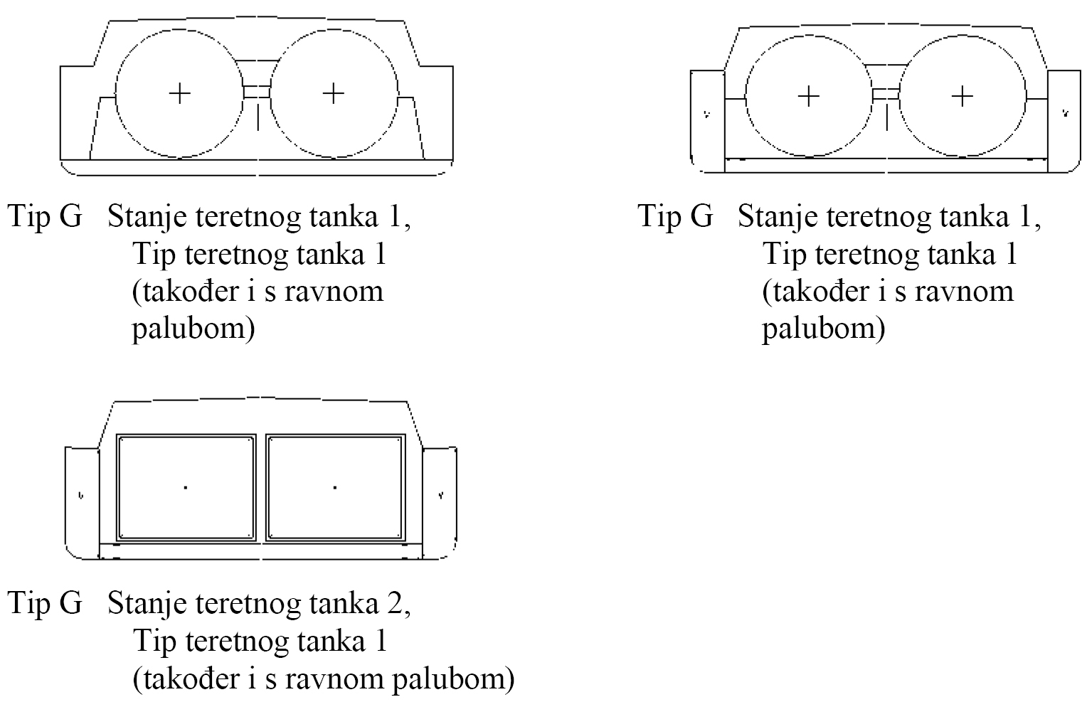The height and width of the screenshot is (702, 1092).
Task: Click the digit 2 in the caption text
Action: pyautogui.click(x=394, y=604)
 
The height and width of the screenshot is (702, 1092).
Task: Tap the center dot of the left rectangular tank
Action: pyautogui.click(x=186, y=487)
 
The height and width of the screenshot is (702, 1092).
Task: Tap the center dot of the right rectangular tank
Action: pyautogui.click(x=335, y=487)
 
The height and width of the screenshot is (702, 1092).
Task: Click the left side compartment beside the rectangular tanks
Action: pyautogui.click(x=82, y=503)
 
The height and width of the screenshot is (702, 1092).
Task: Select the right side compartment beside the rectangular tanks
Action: pyautogui.click(x=440, y=502)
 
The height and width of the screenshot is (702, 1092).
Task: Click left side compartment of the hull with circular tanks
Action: pyautogui.click(x=707, y=121)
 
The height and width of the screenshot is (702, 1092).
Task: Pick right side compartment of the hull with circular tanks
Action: pyautogui.click(x=1064, y=121)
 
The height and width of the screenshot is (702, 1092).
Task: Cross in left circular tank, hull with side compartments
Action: pyautogui.click(x=809, y=96)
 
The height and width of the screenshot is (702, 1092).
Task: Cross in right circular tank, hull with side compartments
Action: pyautogui.click(x=963, y=96)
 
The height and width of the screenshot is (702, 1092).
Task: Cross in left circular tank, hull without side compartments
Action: pyautogui.click(x=180, y=93)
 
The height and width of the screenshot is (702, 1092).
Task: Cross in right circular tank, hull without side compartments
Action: pyautogui.click(x=334, y=93)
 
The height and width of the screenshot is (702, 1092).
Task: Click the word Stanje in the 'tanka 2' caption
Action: pyautogui.click(x=147, y=605)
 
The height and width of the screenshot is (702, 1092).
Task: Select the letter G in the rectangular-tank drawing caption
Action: pyautogui.click(x=70, y=604)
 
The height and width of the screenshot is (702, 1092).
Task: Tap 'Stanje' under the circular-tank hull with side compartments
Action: pyautogui.click(x=777, y=217)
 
